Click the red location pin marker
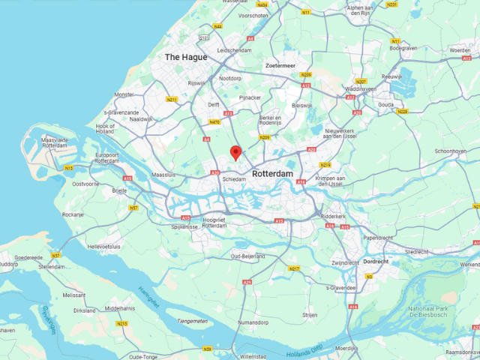point(235,152)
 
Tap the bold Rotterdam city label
point(272,173)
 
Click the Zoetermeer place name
point(280,65)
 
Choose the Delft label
point(214,105)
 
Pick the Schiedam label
point(233,179)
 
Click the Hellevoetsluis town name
point(104,246)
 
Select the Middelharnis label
point(120,307)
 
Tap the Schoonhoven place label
point(451,151)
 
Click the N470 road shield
point(215,122)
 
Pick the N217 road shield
point(294,268)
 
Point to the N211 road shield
point(172,99)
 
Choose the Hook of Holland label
point(106,130)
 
